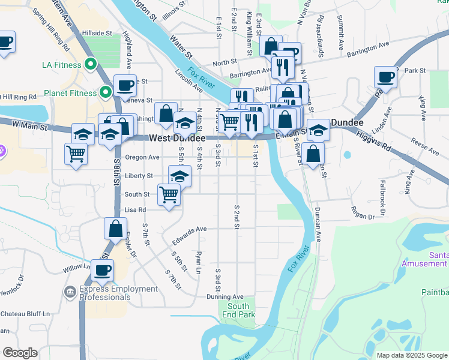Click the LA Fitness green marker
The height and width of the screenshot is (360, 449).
click(x=91, y=64)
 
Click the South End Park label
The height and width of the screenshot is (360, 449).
click(x=238, y=310)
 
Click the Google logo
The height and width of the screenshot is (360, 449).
click(x=20, y=353)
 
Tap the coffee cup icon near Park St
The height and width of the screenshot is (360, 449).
click(x=385, y=77)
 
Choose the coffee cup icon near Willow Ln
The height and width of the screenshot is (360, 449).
click(x=102, y=270)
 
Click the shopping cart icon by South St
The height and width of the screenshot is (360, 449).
click(x=169, y=194)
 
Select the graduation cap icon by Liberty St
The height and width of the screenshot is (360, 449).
click(x=179, y=176)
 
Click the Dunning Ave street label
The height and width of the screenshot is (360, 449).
click(x=224, y=296)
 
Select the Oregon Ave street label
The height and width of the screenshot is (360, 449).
click(x=142, y=157)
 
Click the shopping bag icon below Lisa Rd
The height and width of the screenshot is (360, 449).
click(x=115, y=229)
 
